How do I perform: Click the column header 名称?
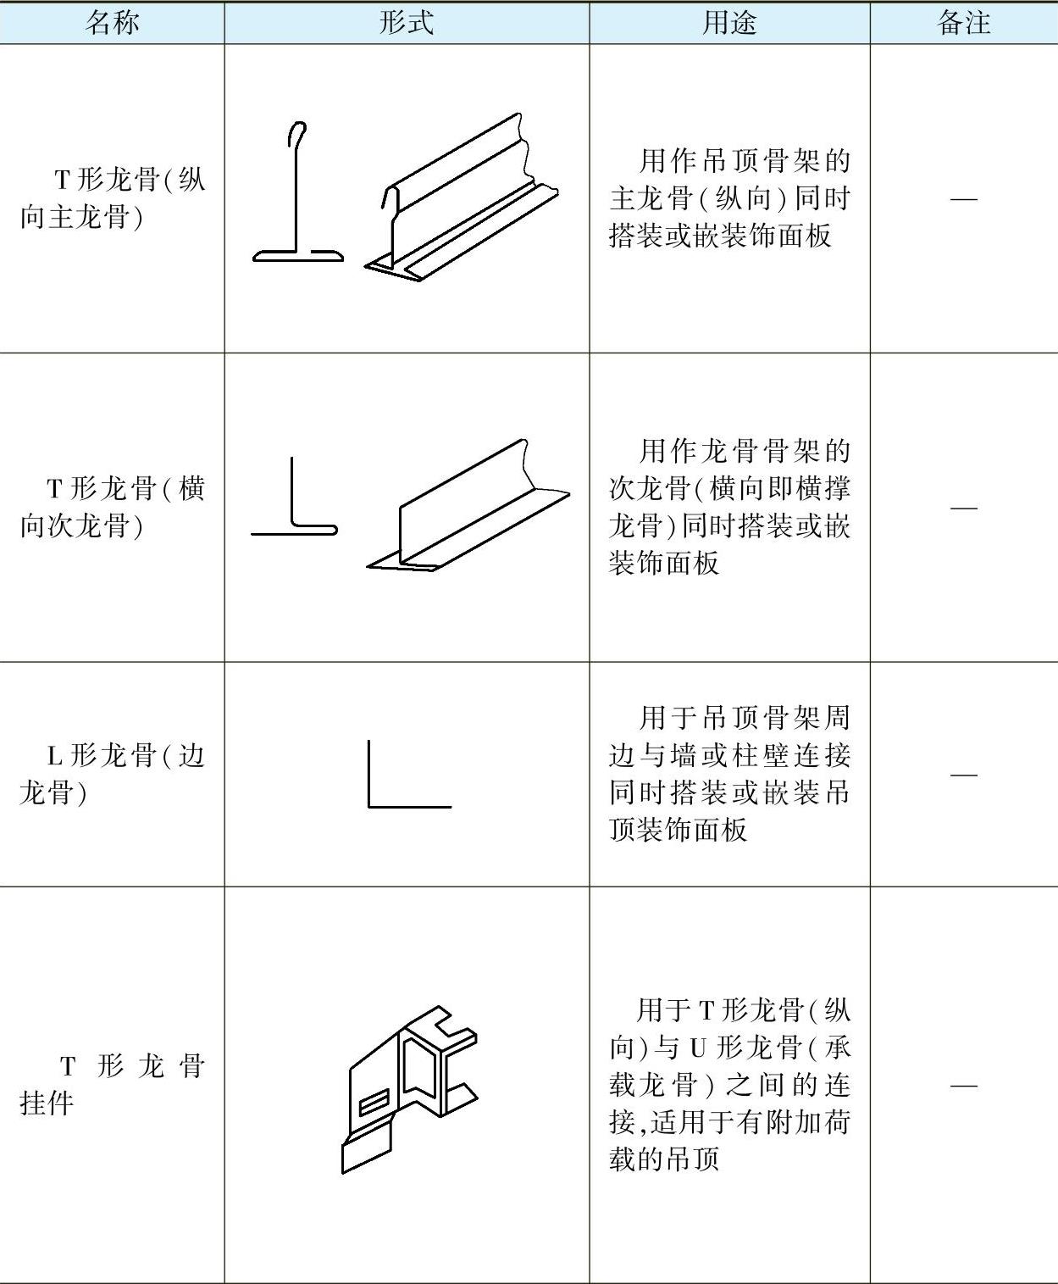[112, 22]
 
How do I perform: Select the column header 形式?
[407, 22]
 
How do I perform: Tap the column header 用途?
[728, 22]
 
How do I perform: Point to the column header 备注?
[964, 22]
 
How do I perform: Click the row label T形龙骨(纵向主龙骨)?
[112, 198]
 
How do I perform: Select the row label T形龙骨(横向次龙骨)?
[112, 507]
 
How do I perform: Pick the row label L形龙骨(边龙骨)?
[112, 774]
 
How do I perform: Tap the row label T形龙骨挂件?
[112, 1084]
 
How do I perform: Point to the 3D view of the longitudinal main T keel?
[462, 199]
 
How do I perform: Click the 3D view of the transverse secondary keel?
[468, 509]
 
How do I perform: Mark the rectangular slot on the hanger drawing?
[374, 1104]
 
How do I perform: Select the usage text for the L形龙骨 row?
[728, 774]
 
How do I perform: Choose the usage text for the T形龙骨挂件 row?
[728, 1084]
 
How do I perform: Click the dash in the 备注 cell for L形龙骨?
[964, 775]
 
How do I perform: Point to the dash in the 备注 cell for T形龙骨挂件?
[964, 1085]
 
